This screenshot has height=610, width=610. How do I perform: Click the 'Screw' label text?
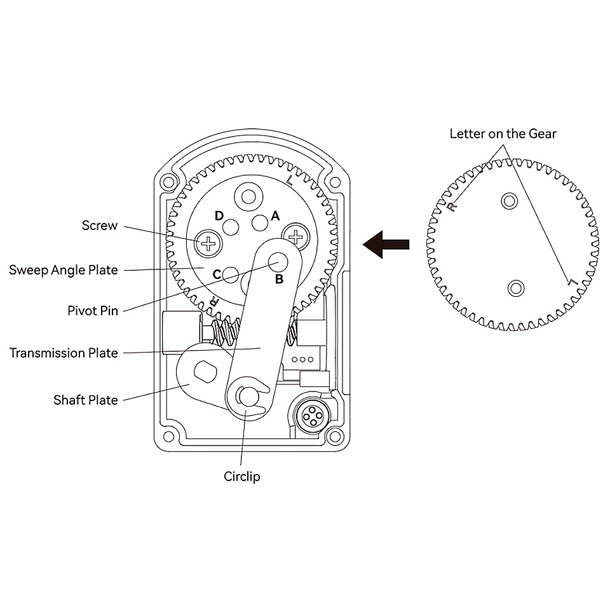coord(100,225)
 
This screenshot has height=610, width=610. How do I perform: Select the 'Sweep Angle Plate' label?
coord(64,270)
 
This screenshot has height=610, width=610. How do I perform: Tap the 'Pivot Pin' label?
coord(93,311)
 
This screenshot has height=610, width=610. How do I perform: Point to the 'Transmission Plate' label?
coord(64,353)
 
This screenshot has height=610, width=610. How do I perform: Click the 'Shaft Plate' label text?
coord(86,400)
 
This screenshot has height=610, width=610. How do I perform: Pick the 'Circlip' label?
coord(242,476)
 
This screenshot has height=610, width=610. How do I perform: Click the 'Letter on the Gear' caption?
coord(503,133)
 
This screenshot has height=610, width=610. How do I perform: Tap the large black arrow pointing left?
coord(385,244)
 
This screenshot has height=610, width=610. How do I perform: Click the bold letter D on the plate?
coord(219,216)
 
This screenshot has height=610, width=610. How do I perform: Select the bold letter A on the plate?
coord(275,216)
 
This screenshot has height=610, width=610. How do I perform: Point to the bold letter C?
coord(216,274)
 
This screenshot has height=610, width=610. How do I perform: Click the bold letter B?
coord(279,278)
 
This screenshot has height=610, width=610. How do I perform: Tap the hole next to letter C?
coord(231,274)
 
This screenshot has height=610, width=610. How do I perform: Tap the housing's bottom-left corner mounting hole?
coord(168,435)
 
